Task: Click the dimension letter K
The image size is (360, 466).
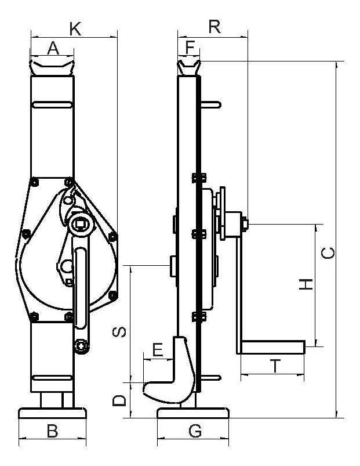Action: (x=75, y=29)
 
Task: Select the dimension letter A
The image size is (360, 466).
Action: (x=53, y=48)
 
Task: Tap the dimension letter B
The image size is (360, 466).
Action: (x=53, y=431)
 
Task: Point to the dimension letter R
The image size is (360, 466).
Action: (x=214, y=27)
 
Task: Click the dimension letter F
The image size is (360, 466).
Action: (x=190, y=48)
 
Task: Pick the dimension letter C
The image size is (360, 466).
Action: (x=328, y=253)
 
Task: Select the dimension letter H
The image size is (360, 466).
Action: (x=306, y=284)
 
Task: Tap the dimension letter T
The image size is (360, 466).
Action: (x=275, y=366)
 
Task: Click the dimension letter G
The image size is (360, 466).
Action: (x=195, y=431)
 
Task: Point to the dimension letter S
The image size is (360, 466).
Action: (x=119, y=332)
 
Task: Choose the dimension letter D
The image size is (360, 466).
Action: (x=119, y=400)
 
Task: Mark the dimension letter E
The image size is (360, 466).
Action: (x=158, y=349)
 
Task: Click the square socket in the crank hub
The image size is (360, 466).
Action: (x=80, y=223)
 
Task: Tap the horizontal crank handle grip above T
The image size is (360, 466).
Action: (x=273, y=347)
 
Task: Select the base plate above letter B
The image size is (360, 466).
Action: (x=53, y=413)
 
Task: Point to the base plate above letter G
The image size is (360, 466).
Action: (x=193, y=413)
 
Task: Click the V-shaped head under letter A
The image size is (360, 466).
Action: (x=52, y=68)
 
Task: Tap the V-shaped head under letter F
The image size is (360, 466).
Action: (x=189, y=68)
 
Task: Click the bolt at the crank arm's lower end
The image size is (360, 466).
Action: (x=81, y=346)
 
